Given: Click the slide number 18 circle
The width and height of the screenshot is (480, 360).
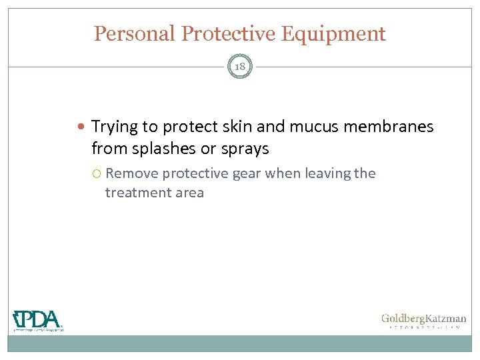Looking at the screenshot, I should pyautogui.click(x=240, y=66).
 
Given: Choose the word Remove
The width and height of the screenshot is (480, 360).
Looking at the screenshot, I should pyautogui.click(x=132, y=173).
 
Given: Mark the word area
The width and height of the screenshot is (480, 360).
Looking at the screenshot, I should pyautogui.click(x=188, y=193).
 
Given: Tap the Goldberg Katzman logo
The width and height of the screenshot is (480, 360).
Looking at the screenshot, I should pyautogui.click(x=423, y=321).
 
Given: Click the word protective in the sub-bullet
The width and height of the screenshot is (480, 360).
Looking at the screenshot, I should pyautogui.click(x=195, y=174).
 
